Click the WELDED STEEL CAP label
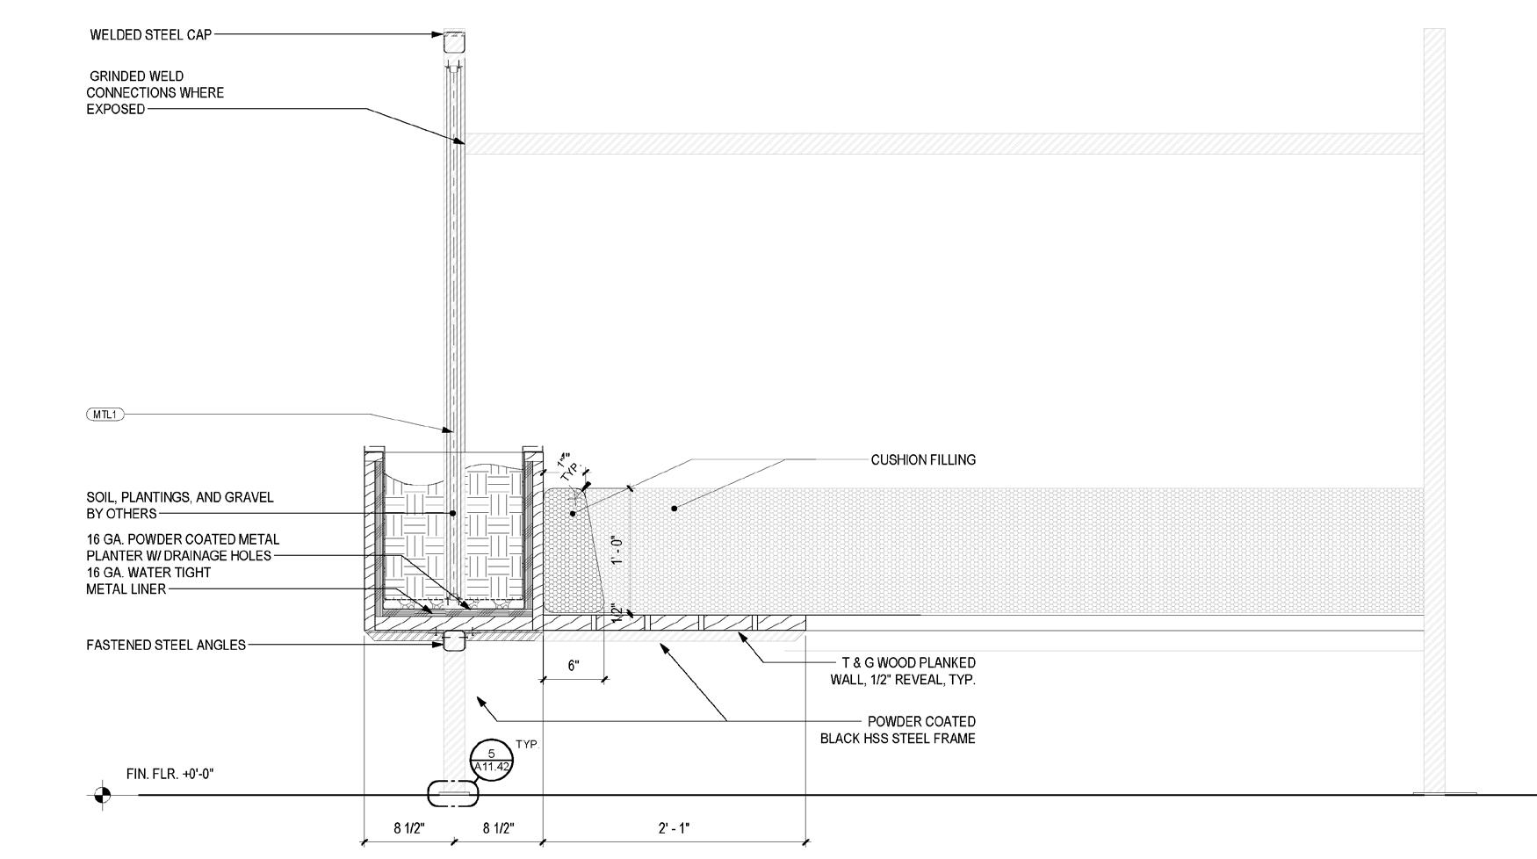(150, 35)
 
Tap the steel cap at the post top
(453, 41)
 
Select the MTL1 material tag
(105, 415)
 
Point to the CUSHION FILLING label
(923, 460)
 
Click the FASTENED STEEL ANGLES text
(166, 646)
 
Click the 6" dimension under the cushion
(574, 666)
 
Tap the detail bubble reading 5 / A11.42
(492, 760)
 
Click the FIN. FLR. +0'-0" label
(170, 775)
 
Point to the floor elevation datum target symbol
(102, 796)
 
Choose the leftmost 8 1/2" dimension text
(409, 828)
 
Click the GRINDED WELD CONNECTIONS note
(155, 93)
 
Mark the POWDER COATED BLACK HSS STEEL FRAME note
(898, 731)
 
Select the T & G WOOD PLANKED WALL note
(903, 671)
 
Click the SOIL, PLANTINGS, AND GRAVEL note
(179, 506)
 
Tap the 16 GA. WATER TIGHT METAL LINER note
(148, 581)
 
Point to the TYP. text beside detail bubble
(527, 745)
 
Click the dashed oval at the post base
(453, 794)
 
